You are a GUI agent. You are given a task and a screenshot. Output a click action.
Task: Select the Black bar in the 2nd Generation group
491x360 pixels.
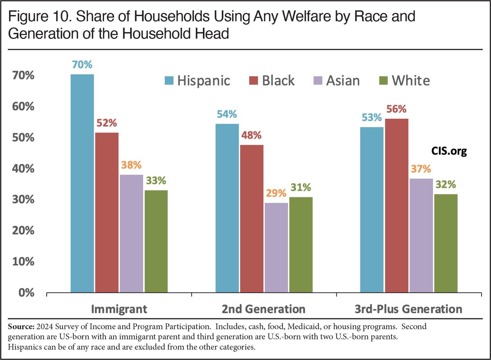tap(251, 219)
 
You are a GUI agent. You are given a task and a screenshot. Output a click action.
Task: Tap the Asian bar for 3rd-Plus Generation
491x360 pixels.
tap(421, 235)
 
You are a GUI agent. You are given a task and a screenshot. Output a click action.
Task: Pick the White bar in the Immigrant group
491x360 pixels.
tap(155, 241)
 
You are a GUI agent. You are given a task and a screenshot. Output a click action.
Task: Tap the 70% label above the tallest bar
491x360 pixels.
tap(82, 65)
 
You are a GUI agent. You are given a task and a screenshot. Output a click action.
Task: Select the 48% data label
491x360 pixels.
tap(251, 136)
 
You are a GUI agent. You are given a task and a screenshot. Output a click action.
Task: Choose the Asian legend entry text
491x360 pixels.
tap(343, 80)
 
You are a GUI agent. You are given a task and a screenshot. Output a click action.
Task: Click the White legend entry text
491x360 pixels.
tap(410, 80)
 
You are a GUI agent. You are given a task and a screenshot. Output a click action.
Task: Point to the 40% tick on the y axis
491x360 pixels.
tap(19, 169)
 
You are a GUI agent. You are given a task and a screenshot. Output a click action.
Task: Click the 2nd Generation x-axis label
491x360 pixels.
tap(264, 309)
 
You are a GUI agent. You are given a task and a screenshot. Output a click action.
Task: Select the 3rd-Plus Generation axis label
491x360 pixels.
tap(408, 309)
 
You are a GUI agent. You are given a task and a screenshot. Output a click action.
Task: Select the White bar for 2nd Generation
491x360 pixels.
tap(300, 245)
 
